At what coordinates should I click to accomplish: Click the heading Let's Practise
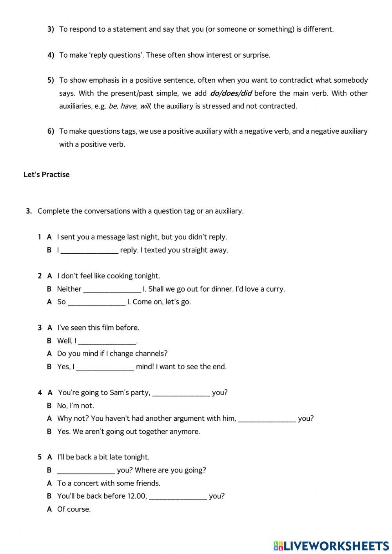[46, 175]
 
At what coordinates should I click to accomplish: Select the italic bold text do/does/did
[230, 93]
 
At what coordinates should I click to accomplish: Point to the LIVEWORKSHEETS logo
[331, 545]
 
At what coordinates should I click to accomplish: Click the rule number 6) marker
[51, 131]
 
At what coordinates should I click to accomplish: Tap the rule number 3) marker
[51, 29]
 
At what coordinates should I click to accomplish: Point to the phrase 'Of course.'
[74, 509]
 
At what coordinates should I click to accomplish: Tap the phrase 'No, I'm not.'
[75, 406]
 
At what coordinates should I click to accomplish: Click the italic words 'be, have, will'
[130, 106]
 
